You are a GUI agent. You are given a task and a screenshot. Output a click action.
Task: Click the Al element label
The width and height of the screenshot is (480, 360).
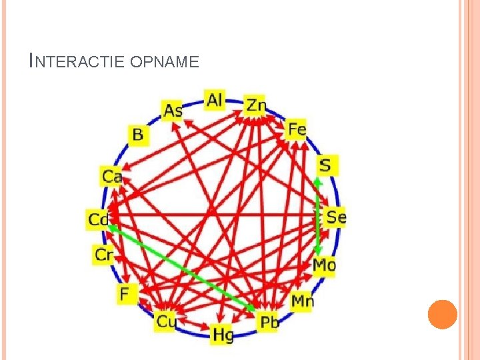(215, 100)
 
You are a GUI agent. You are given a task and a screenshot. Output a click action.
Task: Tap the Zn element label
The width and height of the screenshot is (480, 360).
(256, 105)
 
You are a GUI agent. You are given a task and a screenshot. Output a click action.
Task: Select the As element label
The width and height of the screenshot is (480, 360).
(173, 110)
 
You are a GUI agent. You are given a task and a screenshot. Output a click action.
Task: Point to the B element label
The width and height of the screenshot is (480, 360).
(137, 135)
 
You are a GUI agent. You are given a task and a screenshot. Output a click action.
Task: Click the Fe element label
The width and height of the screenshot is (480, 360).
(296, 129)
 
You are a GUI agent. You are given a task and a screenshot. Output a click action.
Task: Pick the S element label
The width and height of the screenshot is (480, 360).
(326, 165)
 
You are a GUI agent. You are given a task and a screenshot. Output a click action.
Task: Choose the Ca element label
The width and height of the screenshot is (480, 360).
(112, 177)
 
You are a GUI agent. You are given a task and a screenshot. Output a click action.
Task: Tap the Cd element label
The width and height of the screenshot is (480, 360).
(99, 219)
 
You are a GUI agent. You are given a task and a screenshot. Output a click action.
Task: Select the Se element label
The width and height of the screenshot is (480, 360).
(335, 217)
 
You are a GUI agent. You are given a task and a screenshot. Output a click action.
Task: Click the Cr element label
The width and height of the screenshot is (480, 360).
(104, 254)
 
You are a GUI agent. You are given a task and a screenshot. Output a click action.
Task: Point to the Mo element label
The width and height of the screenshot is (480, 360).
(324, 265)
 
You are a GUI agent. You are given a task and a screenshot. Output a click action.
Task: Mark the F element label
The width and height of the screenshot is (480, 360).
(126, 293)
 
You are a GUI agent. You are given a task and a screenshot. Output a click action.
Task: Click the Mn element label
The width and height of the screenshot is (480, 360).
(302, 301)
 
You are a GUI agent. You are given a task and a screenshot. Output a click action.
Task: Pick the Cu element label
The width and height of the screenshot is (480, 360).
(165, 322)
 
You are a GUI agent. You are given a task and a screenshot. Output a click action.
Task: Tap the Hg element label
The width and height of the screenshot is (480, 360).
(223, 335)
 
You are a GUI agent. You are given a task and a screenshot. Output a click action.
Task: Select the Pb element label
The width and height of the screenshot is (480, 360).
(269, 323)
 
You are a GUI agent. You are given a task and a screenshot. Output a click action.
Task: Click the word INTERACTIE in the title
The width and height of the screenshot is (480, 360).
(79, 61)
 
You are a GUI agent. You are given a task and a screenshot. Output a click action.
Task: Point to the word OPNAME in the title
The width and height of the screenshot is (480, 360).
(165, 62)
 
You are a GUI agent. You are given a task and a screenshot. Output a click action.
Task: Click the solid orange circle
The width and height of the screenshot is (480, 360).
(442, 314)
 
